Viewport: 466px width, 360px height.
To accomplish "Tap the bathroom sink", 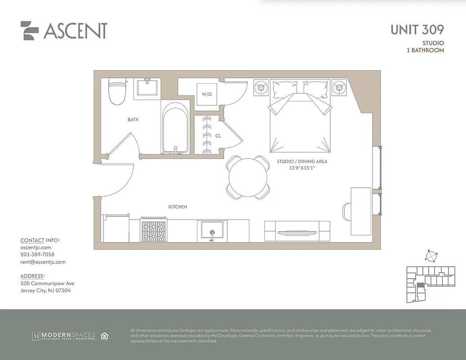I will coord(147,86).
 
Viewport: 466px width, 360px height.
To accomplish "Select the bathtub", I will coord(175,129).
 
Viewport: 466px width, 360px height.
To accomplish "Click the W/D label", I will coord(206,94).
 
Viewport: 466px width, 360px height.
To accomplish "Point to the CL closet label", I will coord(218,135).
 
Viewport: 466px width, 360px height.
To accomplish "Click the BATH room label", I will coord(133,120).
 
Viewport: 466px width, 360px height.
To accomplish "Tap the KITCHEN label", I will coord(178,207).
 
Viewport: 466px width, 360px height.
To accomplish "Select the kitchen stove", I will coord(154,230).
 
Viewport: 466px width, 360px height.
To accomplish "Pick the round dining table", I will coord(248,177).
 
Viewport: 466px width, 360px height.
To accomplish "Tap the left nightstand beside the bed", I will coord(261,87).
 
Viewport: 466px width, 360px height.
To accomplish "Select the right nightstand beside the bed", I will coord(339,87).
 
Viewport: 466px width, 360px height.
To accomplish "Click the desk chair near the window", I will coord(347,211).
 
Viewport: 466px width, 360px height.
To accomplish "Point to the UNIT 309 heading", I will coord(417,30).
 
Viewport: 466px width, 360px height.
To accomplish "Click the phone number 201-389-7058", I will coord(37,255).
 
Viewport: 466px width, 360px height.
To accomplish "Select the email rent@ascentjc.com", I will coord(43,262).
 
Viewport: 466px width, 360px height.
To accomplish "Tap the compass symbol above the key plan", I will coord(431,256).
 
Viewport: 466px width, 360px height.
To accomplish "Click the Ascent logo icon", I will coord(30,31).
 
